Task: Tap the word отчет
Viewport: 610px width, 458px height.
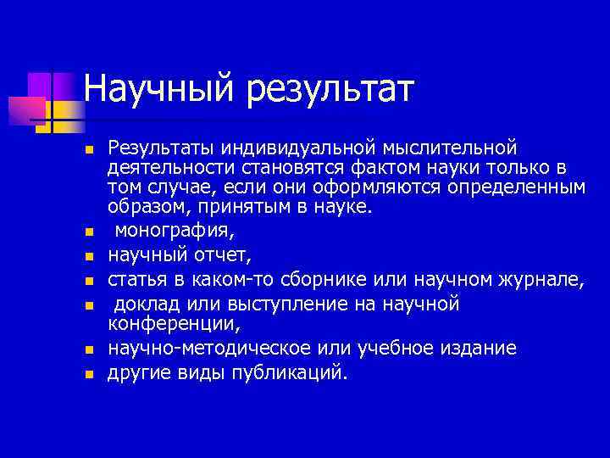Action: [x=221, y=254]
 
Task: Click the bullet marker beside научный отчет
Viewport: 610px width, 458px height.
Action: [x=87, y=254]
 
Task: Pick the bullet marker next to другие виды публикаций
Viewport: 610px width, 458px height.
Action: [x=87, y=374]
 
